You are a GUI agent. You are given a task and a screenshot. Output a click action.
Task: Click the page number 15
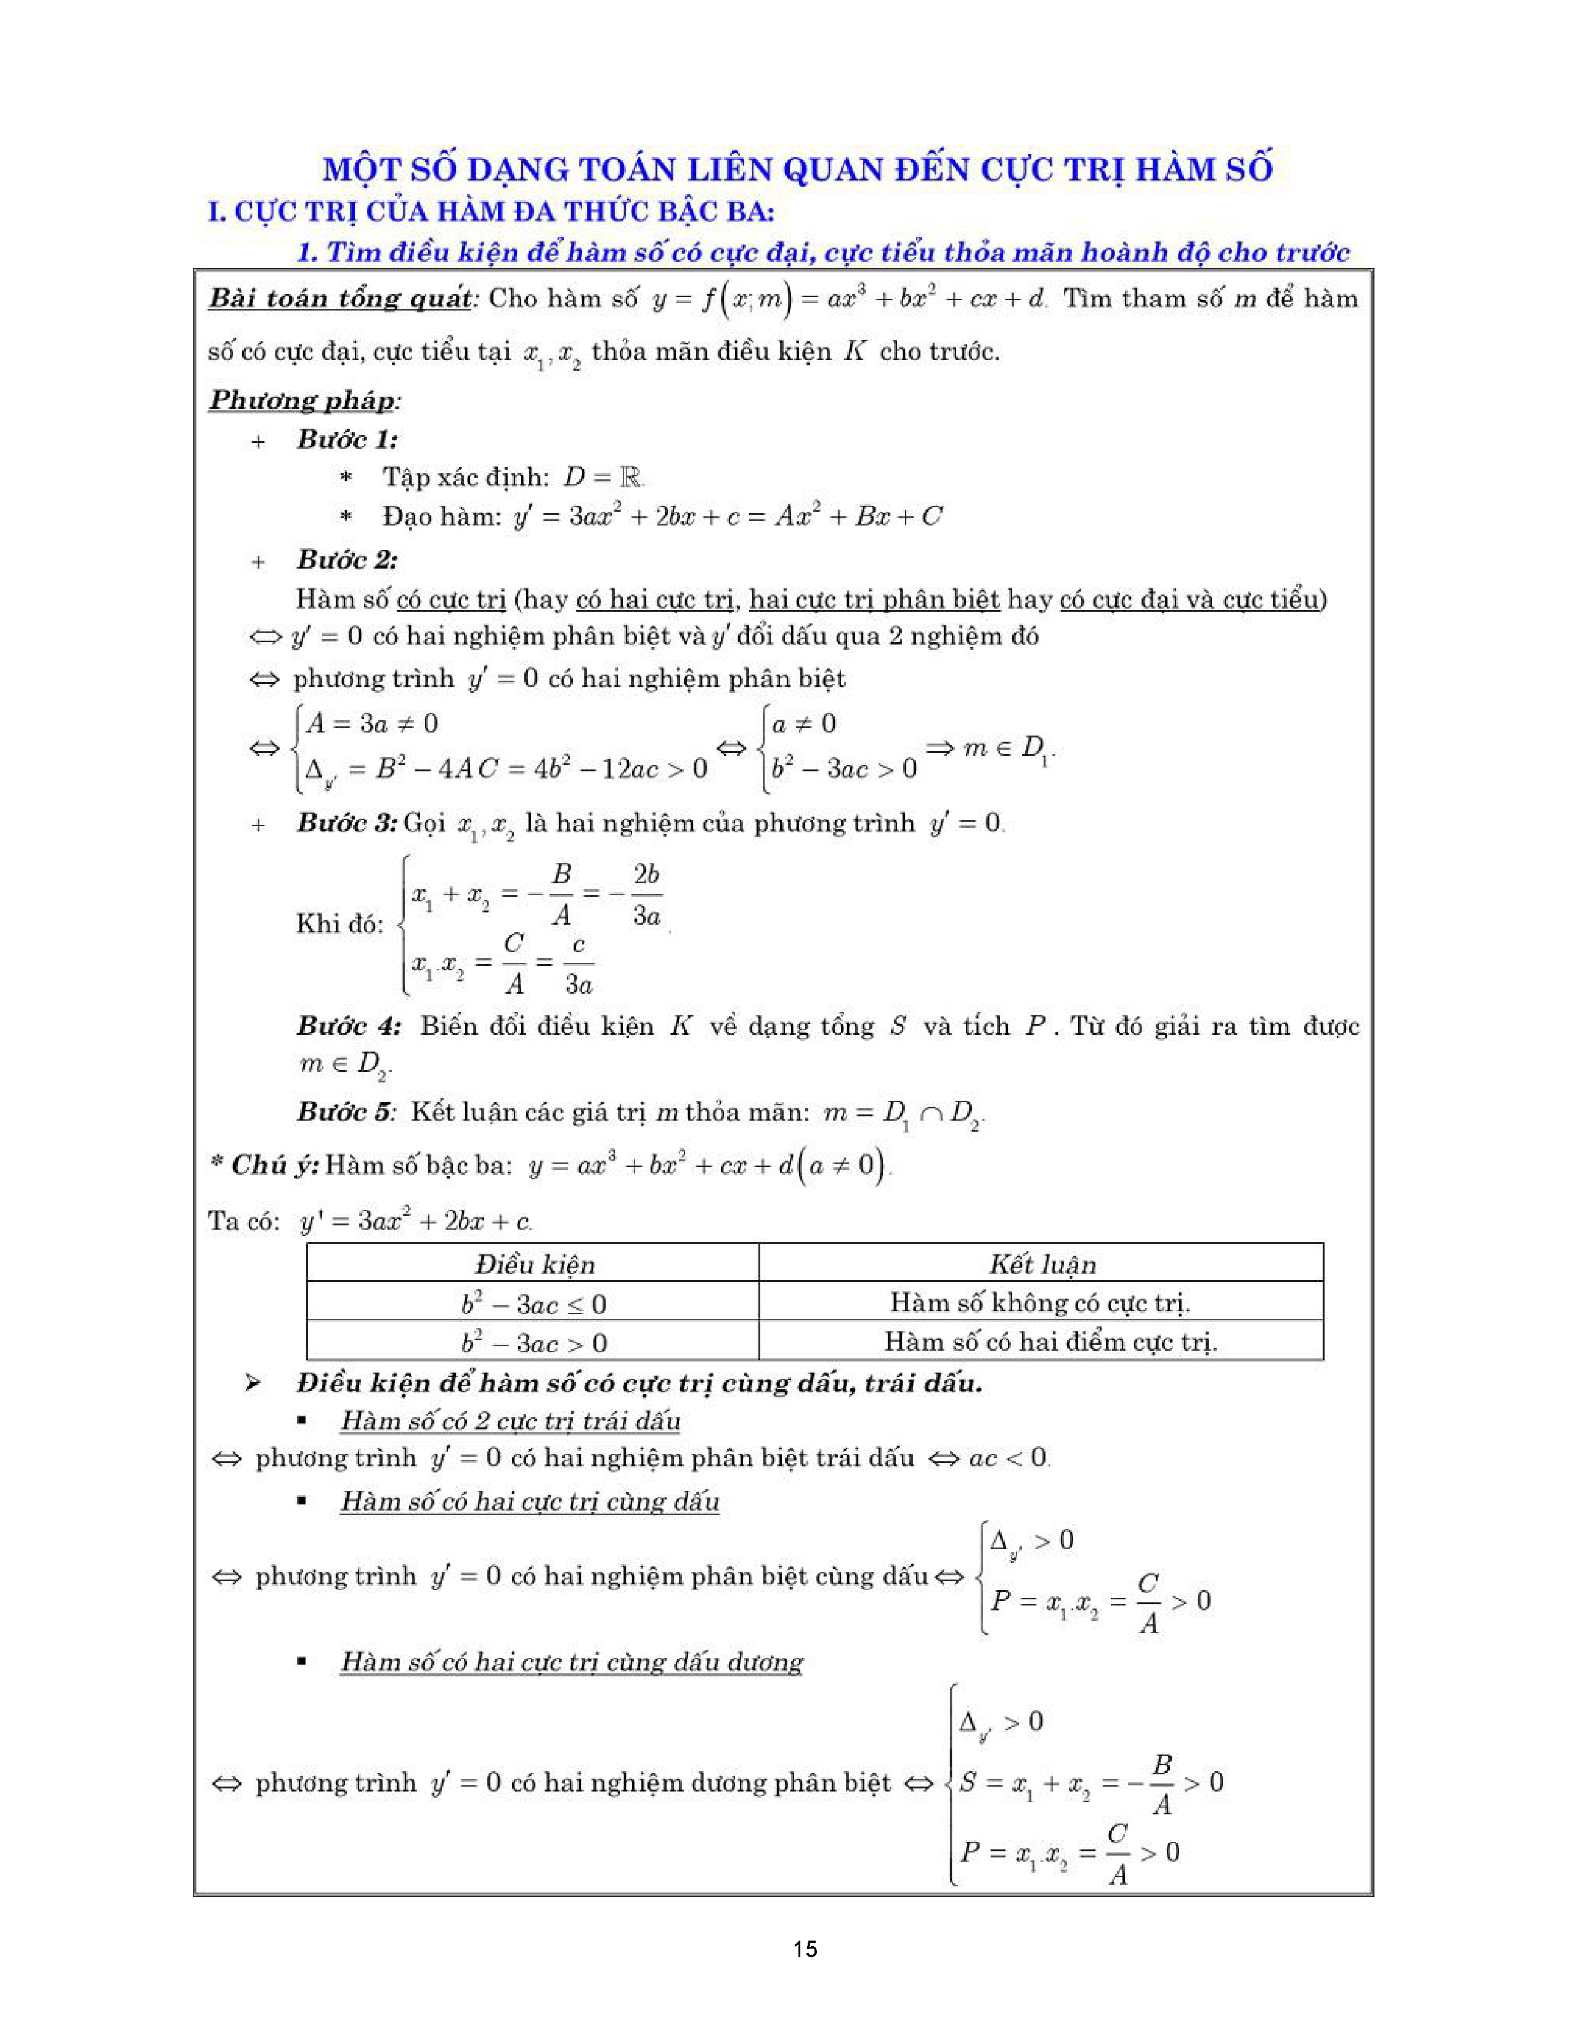[x=805, y=1948]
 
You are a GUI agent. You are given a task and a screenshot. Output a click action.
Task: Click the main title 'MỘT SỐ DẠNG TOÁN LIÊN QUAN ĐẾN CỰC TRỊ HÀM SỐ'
[x=798, y=169]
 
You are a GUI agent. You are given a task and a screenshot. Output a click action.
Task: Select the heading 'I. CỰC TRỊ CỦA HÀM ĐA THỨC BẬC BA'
[x=490, y=213]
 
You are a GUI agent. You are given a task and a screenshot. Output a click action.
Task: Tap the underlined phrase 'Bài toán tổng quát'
[x=339, y=299]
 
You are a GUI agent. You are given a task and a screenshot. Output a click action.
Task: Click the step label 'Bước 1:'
[x=347, y=439]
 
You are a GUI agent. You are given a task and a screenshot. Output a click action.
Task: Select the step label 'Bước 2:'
[x=347, y=559]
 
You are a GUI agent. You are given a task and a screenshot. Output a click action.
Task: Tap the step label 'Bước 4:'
[x=349, y=1026]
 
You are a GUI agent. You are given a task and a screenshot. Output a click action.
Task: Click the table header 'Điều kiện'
[x=534, y=1264]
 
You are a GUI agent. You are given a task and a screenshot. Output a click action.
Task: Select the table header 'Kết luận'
[x=1042, y=1264]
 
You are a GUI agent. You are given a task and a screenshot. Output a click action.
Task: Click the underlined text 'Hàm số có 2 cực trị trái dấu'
[x=510, y=1421]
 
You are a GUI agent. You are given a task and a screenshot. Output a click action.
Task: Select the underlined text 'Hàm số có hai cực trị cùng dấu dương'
[x=572, y=1662]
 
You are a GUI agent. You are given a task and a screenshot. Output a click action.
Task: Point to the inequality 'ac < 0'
[x=1008, y=1458]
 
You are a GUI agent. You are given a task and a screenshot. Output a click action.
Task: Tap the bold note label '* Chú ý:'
[x=264, y=1164]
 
